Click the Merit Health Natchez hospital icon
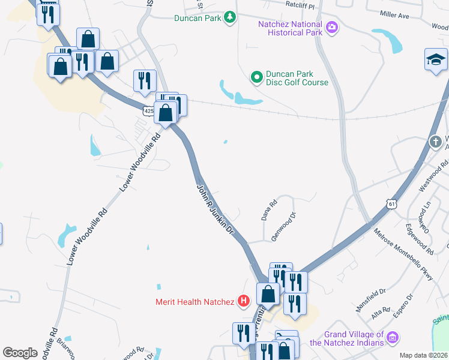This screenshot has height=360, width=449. [244, 301]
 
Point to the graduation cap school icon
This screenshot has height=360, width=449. [436, 59]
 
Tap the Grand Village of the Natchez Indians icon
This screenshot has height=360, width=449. [393, 338]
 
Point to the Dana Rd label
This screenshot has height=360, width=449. [269, 209]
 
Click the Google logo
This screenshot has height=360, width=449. [20, 353]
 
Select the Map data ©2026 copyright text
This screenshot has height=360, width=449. [423, 355]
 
